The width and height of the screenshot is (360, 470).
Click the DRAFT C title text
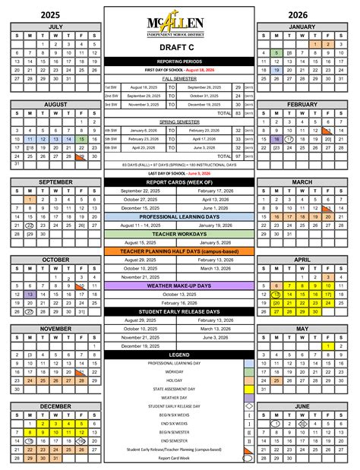coord(179,48)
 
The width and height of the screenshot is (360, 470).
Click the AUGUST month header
coord(55,104)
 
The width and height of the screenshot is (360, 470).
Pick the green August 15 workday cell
coord(81,140)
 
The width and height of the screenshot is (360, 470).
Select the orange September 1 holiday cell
coord(30,200)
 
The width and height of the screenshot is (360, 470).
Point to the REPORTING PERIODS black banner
coord(179,61)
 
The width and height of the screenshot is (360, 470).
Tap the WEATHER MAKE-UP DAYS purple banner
coord(179,285)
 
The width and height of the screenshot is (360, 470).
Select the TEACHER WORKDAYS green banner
coord(179,234)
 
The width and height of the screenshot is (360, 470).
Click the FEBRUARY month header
coord(302,104)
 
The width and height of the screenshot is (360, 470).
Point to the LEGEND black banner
coord(179,355)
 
